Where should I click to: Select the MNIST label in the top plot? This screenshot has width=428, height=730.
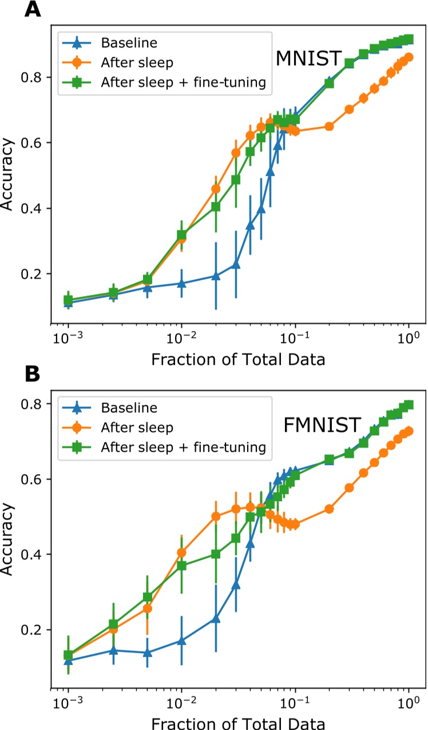pos(309,58)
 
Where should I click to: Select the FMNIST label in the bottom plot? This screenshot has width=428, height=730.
pos(322,425)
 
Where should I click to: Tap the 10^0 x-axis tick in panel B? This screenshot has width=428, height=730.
pos(408,700)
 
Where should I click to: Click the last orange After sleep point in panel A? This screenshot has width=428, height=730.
pos(409,57)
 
